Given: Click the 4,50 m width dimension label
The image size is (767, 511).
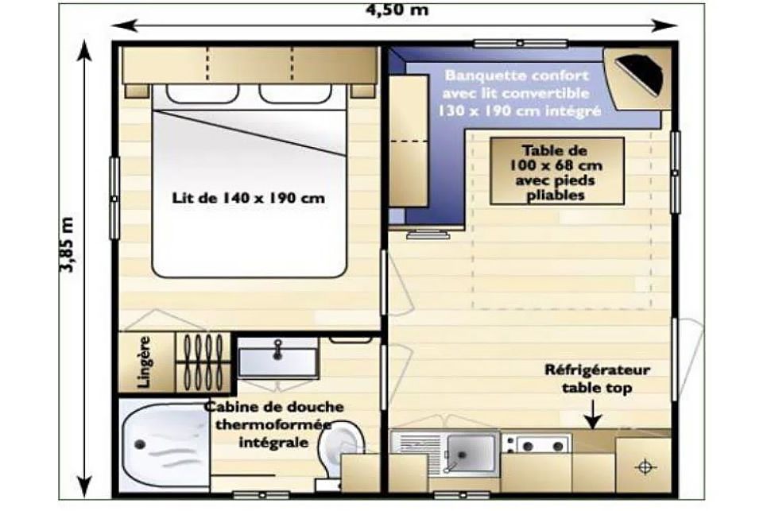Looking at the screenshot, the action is pos(397,10).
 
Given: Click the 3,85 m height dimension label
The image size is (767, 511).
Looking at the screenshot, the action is pos(67,244).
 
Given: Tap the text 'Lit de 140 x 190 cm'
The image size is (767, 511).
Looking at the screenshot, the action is pos(248,198).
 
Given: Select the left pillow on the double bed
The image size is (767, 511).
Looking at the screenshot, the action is pos(203,93).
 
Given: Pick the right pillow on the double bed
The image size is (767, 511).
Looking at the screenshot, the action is pos(296,93).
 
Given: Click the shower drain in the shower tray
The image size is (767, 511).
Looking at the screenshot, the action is pos(141,444).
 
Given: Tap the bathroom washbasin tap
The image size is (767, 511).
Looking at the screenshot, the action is pos(278,348).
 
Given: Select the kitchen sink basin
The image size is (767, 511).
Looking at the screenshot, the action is pos(471,453).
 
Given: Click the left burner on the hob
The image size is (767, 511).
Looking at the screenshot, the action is pos(528,446).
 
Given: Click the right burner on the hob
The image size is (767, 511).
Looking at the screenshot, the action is pos(558,446).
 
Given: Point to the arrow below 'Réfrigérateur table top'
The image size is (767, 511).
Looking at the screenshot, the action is pos(594,415).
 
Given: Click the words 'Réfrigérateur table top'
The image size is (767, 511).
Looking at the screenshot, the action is pos(597,378).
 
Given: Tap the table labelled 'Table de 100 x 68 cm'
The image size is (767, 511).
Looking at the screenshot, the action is pos(557,171).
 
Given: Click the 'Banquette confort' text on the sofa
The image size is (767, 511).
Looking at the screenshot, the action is pos(517,75).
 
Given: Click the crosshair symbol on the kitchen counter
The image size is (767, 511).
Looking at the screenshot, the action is pos(645,466).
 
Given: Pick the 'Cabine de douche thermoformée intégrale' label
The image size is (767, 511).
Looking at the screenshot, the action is pos(274,424).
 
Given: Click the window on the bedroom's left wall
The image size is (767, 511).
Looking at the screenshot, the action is pos(114,198).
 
